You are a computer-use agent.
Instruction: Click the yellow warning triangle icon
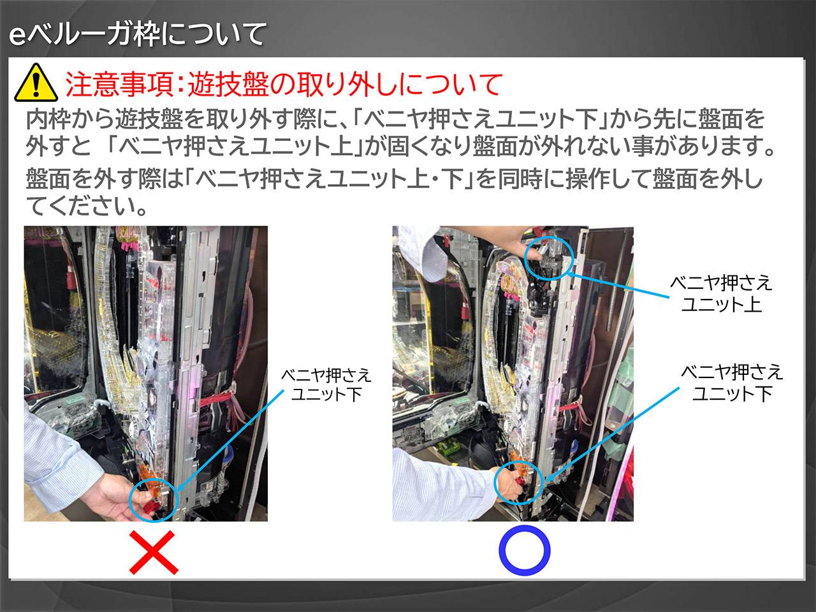click(x=36, y=83)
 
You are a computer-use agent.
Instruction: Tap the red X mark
click(x=154, y=552)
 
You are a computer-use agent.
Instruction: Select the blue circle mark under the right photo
click(x=524, y=550)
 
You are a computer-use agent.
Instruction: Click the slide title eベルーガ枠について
click(x=138, y=34)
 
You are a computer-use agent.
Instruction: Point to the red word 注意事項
click(x=119, y=84)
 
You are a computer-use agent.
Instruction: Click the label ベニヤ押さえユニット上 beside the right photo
click(x=721, y=293)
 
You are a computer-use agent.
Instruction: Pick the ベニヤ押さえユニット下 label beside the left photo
click(x=326, y=385)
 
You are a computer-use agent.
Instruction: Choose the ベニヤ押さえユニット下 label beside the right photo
click(x=732, y=382)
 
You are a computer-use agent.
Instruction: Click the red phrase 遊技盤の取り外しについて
click(x=345, y=84)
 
